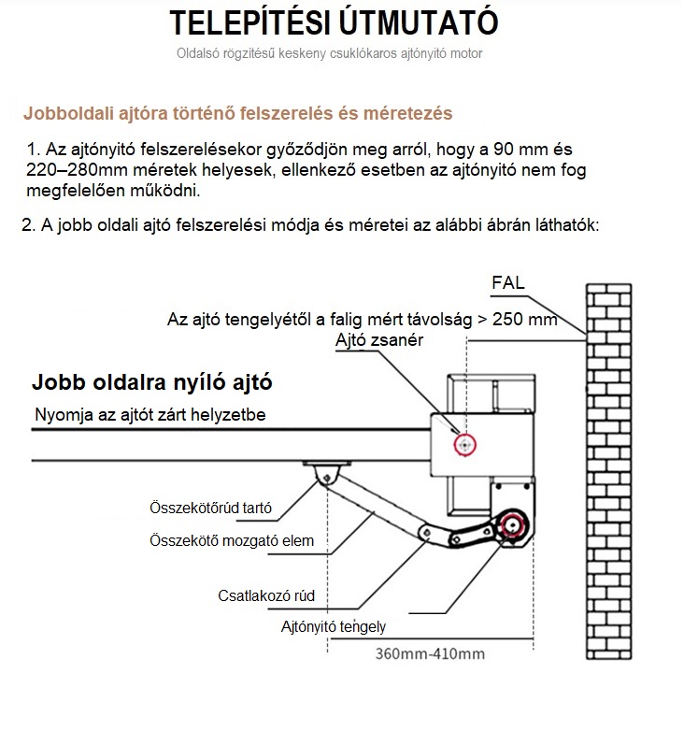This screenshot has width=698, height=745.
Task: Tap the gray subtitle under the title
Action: tap(330, 53)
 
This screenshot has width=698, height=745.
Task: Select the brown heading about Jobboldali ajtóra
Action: tap(238, 113)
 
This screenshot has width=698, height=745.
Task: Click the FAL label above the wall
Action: tap(508, 282)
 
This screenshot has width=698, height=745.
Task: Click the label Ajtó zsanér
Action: tap(379, 340)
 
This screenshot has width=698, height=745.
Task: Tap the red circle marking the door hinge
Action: tap(463, 445)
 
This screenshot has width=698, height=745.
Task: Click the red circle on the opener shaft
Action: tap(512, 526)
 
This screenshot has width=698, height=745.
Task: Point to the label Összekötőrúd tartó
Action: tap(211, 509)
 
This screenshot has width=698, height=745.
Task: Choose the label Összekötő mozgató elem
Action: tap(232, 540)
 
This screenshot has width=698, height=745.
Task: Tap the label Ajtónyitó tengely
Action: tap(333, 627)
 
